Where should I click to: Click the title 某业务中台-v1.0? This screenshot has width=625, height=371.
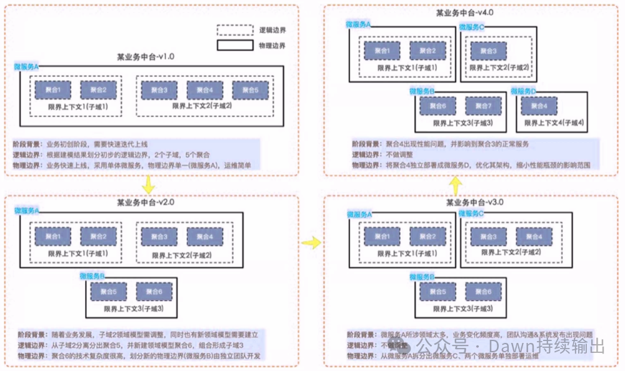[146, 57]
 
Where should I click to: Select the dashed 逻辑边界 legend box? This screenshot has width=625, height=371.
[234, 30]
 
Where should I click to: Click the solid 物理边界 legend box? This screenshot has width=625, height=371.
[234, 45]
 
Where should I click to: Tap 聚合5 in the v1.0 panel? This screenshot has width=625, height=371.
[246, 90]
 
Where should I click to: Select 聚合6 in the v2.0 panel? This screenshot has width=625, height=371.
[150, 290]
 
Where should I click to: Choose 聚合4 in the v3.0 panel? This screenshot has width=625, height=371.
[529, 236]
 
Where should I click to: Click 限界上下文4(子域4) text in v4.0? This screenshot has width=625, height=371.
[553, 122]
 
